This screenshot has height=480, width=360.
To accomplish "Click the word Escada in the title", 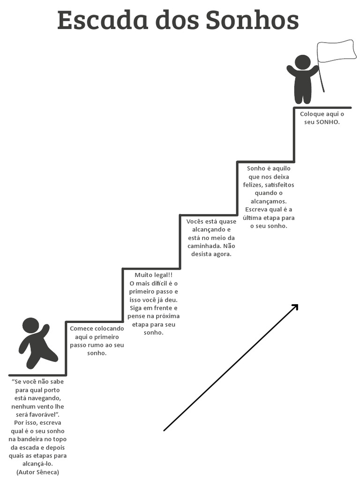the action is pos(103,20).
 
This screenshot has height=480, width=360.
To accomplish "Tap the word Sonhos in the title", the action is pos(252,20).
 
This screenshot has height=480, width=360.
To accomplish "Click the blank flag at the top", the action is pos(336,51).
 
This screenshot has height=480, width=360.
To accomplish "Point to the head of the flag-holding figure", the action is pos(302,63).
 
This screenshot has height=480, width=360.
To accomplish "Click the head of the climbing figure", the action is pos(30,326).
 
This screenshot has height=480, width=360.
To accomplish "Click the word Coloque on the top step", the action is pos(312,114).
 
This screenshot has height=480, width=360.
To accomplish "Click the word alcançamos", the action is pos(269,202).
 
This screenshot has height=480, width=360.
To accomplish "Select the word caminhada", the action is pos(204,246).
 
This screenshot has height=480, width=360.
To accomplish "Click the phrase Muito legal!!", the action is pos(153,275).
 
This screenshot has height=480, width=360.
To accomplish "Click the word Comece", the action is pos(81,329).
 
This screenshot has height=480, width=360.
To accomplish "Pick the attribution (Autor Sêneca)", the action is pos(37,472).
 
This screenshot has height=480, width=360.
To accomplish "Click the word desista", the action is pos(201,254).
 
